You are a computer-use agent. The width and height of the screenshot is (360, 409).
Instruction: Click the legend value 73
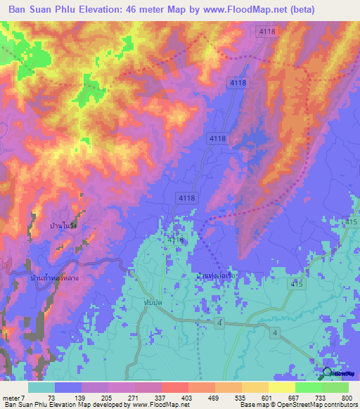(51, 397)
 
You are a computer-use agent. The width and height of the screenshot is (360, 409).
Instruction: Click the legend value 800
(346, 397)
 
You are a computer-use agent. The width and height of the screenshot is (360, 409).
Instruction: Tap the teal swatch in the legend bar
(41, 387)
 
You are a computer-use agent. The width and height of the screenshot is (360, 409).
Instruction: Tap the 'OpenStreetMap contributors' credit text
(318, 405)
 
